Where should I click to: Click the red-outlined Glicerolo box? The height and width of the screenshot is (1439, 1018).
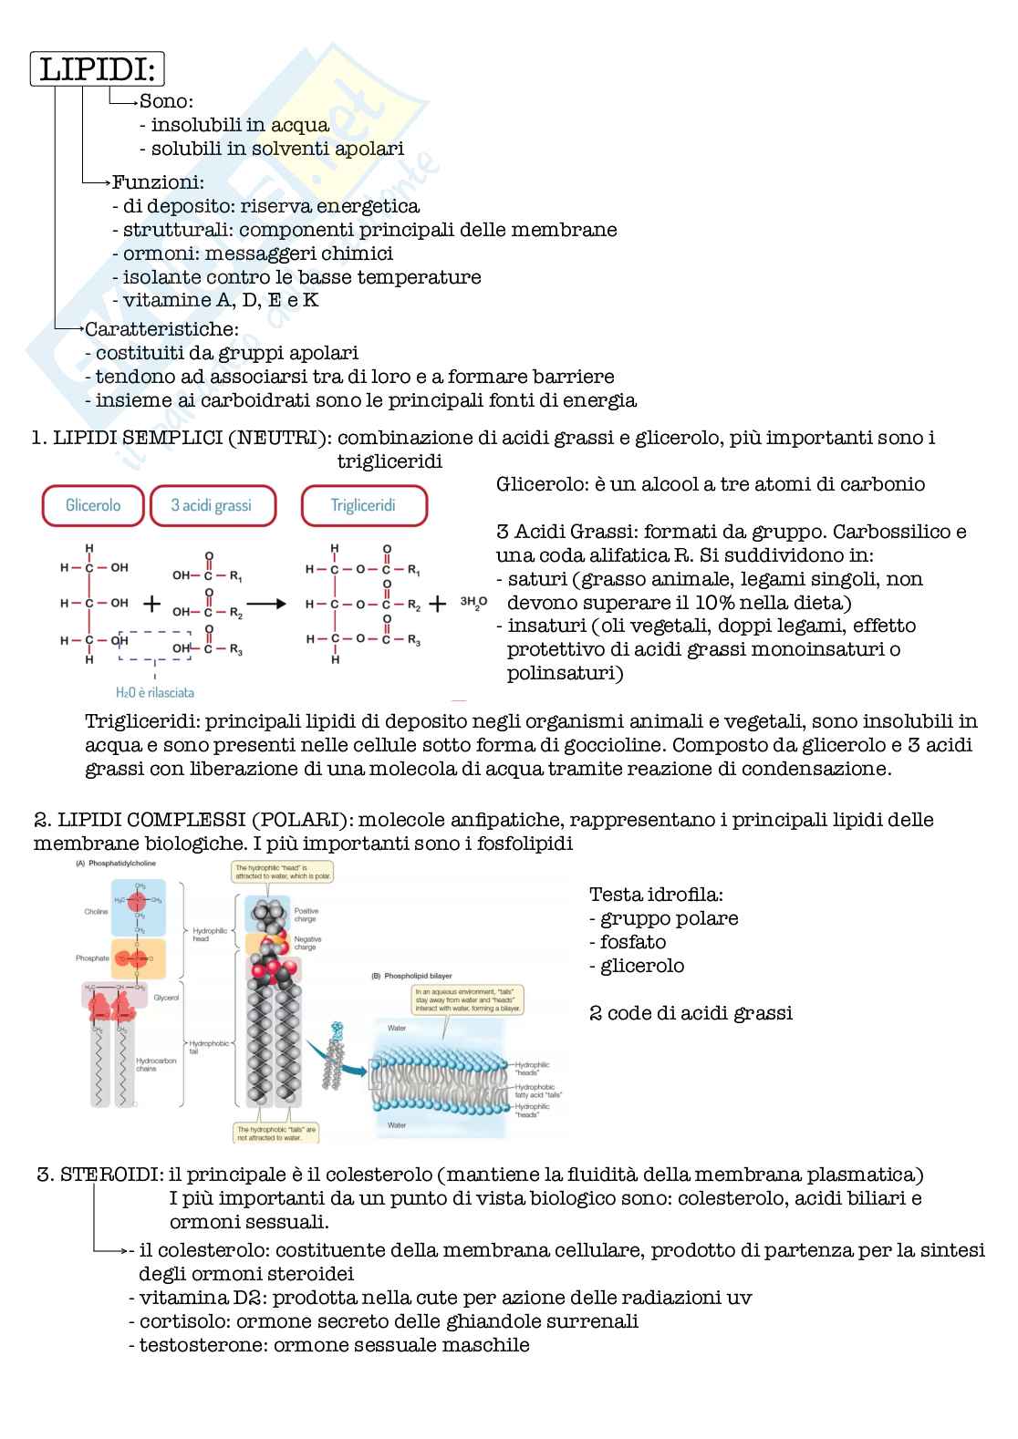pyautogui.click(x=93, y=505)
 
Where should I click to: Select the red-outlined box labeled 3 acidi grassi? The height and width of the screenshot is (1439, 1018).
pyautogui.click(x=212, y=505)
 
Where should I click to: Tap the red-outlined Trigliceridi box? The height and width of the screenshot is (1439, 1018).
pyautogui.click(x=363, y=505)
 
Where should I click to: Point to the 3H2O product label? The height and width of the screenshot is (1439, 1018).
pyautogui.click(x=473, y=602)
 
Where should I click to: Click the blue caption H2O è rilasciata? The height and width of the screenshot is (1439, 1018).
pyautogui.click(x=155, y=692)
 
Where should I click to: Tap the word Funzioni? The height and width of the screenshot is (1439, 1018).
pyautogui.click(x=158, y=182)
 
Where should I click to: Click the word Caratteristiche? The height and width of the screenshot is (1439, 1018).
pyautogui.click(x=161, y=328)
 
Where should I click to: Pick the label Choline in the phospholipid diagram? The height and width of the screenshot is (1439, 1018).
pyautogui.click(x=96, y=912)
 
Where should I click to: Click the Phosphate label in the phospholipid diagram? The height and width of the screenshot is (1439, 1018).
pyautogui.click(x=92, y=958)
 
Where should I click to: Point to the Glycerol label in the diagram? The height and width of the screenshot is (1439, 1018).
pyautogui.click(x=167, y=999)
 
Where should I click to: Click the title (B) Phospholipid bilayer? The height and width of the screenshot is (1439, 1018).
pyautogui.click(x=411, y=976)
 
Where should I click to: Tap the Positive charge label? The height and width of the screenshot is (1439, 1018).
pyautogui.click(x=306, y=915)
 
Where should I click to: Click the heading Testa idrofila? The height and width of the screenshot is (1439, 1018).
pyautogui.click(x=657, y=895)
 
